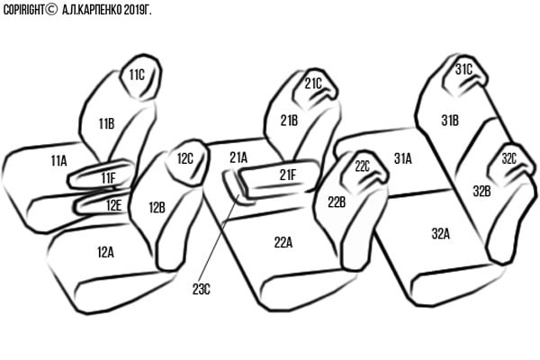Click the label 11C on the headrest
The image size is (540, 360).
137,75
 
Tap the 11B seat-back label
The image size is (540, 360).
107,123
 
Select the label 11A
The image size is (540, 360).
58,160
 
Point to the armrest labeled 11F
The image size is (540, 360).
101,175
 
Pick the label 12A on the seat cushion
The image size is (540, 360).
105,252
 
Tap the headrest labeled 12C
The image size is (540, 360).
187,162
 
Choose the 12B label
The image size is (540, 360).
157,207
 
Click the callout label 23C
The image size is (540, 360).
201,290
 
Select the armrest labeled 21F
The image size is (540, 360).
280,178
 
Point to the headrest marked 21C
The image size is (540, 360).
315,88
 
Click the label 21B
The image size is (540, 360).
289,121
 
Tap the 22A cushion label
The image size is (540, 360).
283,242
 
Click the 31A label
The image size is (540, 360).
403,158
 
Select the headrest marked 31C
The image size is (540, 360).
464,76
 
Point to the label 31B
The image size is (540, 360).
450,121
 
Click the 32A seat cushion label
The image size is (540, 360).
441,234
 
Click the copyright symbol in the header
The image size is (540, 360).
51,9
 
